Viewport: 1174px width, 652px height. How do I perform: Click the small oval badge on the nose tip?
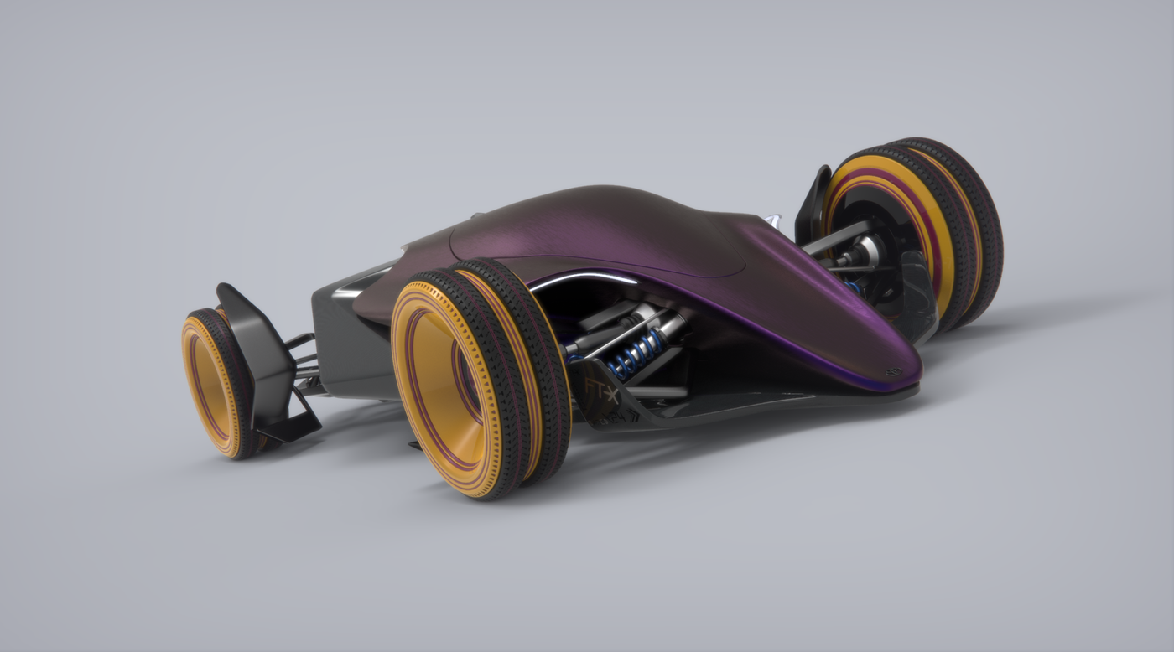890,371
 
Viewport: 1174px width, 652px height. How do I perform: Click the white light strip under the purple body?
579,280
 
